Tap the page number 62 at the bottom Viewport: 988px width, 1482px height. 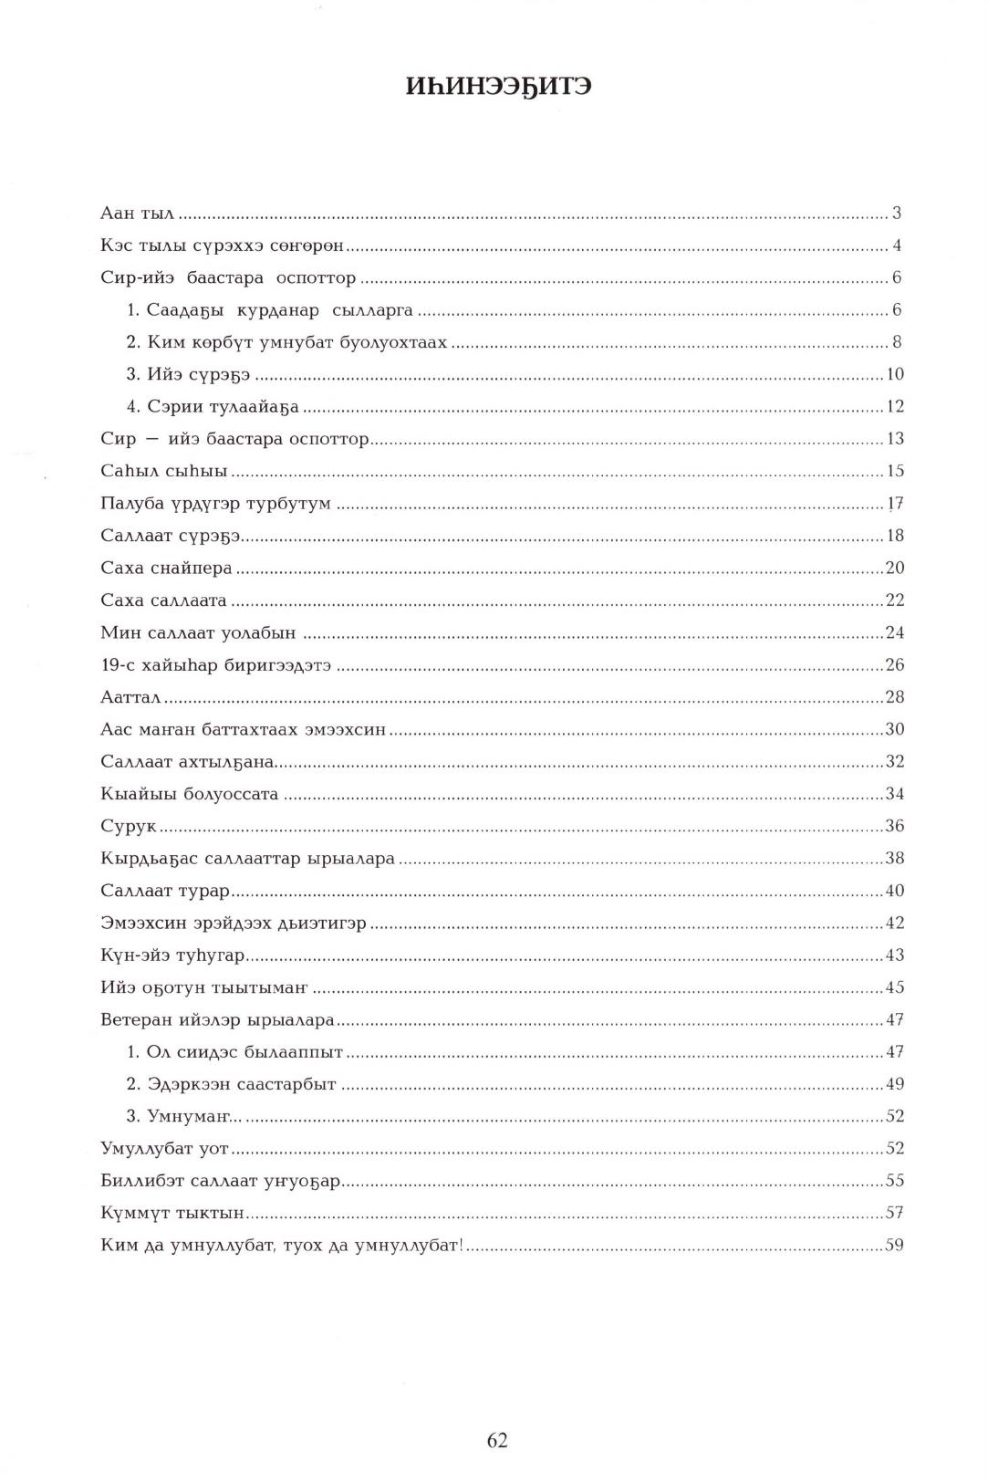(x=497, y=1439)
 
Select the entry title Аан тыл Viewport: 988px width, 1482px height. (x=137, y=214)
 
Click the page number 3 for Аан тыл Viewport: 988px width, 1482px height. (x=897, y=214)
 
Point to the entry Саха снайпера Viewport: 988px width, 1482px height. (x=166, y=568)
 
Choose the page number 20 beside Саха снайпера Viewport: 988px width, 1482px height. (x=894, y=568)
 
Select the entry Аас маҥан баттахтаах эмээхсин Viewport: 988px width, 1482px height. (x=243, y=729)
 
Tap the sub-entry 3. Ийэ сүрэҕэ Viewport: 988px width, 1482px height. (x=188, y=374)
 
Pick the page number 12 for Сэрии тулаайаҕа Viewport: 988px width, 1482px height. (x=894, y=406)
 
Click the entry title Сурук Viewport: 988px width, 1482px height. (x=129, y=826)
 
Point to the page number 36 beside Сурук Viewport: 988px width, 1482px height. (x=894, y=826)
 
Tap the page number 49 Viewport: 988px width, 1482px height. (x=894, y=1084)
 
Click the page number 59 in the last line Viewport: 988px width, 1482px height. (x=894, y=1245)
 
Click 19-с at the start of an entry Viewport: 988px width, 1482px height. (x=117, y=664)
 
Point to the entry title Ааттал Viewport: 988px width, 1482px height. (x=130, y=697)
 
